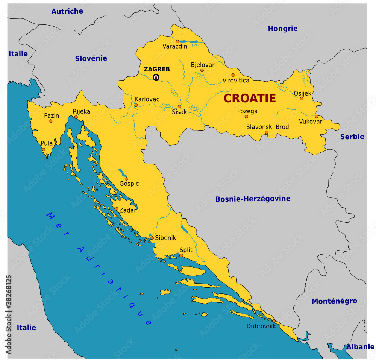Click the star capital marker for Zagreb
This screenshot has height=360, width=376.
[x=156, y=77]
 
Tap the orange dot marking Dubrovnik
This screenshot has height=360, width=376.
[x=274, y=321]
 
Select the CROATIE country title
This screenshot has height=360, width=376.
[x=250, y=99]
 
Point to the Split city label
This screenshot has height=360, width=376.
[x=186, y=249]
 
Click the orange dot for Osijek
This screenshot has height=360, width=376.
[x=302, y=99]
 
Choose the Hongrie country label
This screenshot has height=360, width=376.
[x=282, y=29]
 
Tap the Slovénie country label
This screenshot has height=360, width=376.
[x=91, y=58]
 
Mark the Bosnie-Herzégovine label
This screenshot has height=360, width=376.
[x=253, y=199]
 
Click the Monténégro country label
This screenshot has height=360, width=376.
[x=334, y=301]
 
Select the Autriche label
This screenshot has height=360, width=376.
[x=67, y=11]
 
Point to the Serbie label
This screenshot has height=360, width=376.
[x=352, y=137]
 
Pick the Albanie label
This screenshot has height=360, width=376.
[x=360, y=347]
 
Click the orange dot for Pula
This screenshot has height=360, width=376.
[x=44, y=150]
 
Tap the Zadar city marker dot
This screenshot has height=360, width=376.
[x=117, y=209]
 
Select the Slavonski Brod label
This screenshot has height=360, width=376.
[x=267, y=127]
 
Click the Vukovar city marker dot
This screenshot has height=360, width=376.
[x=317, y=116]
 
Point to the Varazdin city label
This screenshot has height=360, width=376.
[x=175, y=46]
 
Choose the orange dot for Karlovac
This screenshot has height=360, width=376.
[x=136, y=105]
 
